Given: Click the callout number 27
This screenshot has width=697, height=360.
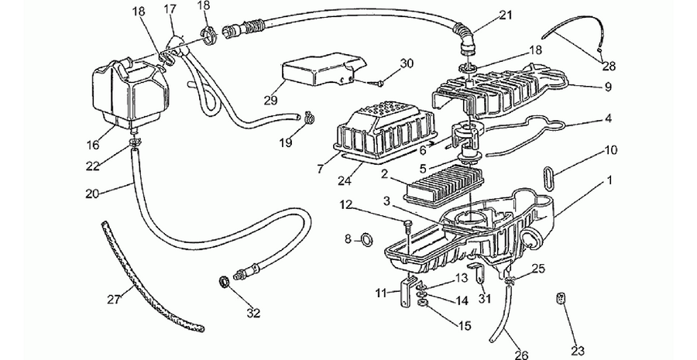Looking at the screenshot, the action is click(x=115, y=300).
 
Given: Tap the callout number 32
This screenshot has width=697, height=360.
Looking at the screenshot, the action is click(x=253, y=314).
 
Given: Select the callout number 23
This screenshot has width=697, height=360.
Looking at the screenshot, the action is click(x=577, y=351).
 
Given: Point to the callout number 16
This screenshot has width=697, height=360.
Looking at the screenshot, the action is click(x=93, y=145).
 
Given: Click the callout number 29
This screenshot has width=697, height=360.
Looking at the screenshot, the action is click(x=270, y=101).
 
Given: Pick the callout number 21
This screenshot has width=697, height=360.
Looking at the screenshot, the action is click(x=506, y=15).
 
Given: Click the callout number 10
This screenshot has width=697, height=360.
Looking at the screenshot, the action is click(x=611, y=150).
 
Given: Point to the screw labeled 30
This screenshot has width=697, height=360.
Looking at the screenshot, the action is click(x=376, y=81).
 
